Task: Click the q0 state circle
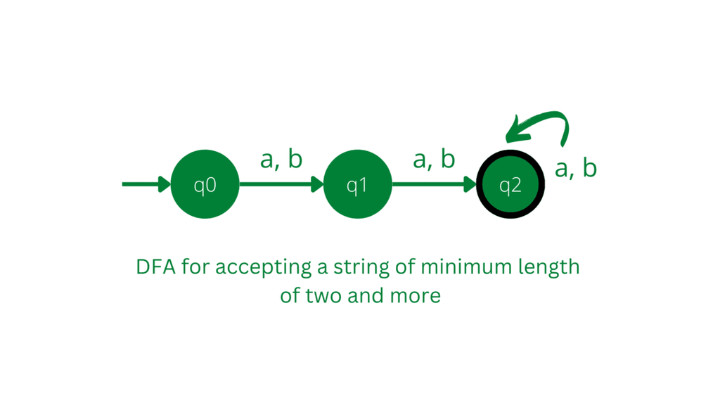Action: coord(205,184)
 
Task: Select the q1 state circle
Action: coord(358,184)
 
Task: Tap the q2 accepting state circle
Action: coord(510,184)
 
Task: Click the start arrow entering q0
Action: coord(146,184)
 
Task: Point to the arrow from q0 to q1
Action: coord(281,184)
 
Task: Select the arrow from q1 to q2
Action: coord(435,184)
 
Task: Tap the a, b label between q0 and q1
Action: coord(281,159)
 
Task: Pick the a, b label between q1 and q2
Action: coord(434,159)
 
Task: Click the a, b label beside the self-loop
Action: coord(576,168)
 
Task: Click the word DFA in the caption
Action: coord(155,266)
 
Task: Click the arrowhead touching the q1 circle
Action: coord(318,184)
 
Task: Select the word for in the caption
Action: coord(195,266)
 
